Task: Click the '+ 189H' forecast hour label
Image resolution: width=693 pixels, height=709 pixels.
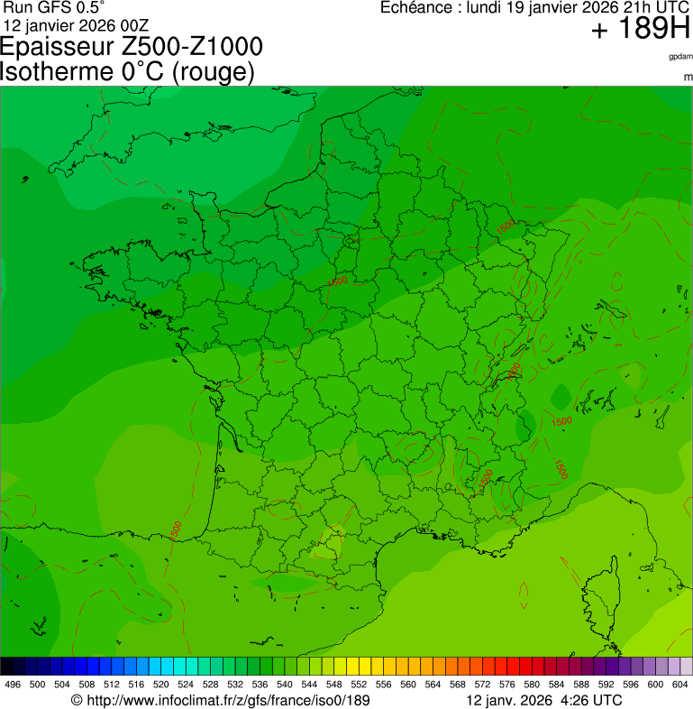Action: (640, 31)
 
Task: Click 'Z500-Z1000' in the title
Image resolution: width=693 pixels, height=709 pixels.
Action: (193, 47)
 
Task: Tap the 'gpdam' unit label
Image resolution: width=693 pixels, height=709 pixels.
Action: (679, 57)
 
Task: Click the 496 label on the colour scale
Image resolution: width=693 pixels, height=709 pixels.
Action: (13, 685)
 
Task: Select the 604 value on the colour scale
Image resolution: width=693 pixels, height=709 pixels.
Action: (680, 685)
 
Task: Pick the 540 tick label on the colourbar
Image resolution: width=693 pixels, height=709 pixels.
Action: (285, 685)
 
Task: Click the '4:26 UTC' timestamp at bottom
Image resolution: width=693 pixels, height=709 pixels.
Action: (590, 700)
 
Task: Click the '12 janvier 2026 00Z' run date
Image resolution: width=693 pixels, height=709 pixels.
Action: (77, 24)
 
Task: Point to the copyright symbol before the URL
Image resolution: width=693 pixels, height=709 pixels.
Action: (77, 700)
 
